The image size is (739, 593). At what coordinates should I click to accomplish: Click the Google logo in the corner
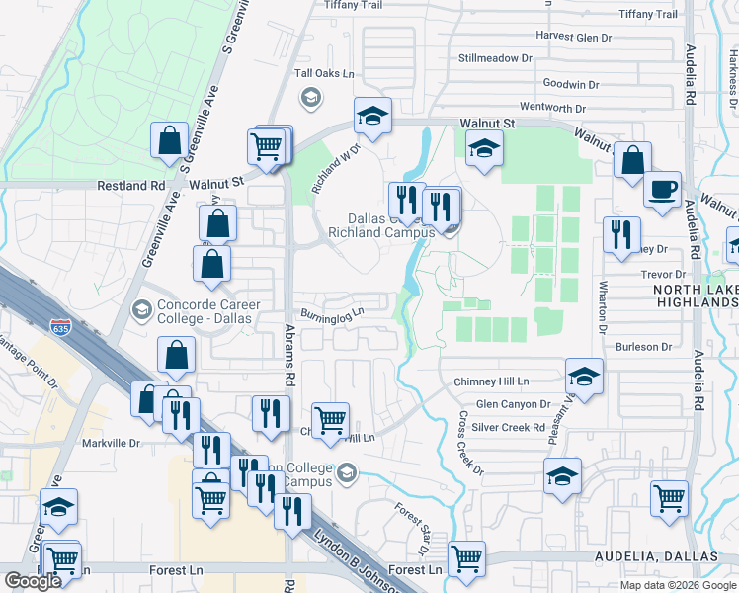(x=33, y=581)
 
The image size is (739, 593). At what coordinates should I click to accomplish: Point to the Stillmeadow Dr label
(x=496, y=58)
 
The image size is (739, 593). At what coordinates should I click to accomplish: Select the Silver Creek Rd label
(x=509, y=427)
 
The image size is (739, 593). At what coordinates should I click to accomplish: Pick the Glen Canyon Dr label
(x=513, y=404)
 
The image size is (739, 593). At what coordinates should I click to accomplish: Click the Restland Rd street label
(x=130, y=185)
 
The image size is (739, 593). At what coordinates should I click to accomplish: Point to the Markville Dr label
(x=111, y=443)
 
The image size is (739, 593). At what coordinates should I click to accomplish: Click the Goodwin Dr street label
(x=571, y=85)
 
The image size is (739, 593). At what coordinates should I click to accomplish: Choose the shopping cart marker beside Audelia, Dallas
(x=466, y=558)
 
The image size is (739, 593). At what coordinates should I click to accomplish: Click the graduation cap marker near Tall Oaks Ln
(x=373, y=117)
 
